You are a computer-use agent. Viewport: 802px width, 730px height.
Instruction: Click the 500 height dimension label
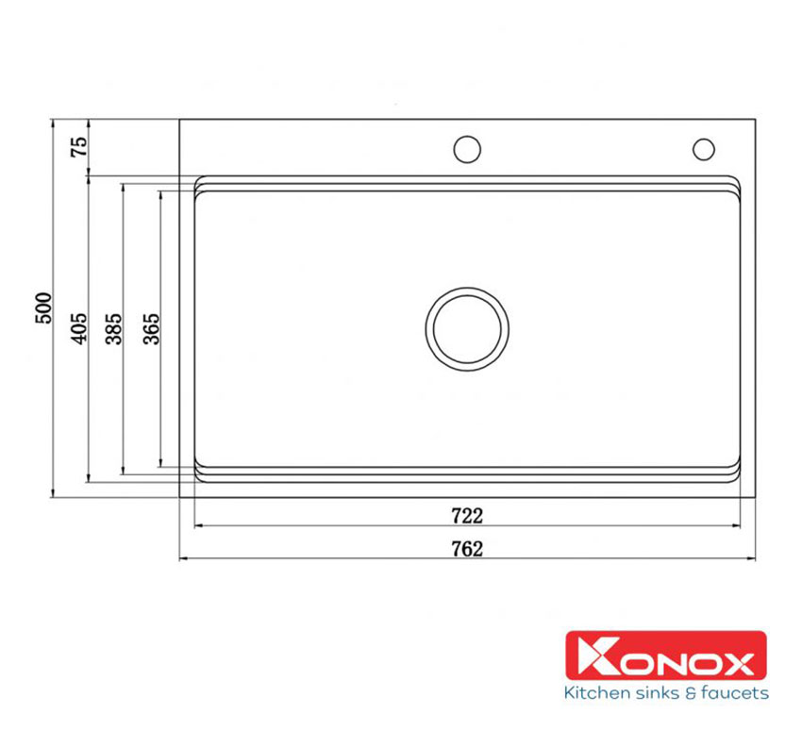tap(43, 307)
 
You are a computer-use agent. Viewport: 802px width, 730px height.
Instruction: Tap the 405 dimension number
tap(78, 328)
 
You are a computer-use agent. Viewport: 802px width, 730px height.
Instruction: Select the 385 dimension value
tap(113, 329)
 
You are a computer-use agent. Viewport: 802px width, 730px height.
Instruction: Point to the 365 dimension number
tap(151, 329)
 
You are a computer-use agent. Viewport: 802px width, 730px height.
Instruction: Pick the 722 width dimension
tap(467, 516)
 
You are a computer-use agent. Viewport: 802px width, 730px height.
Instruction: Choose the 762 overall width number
tap(467, 549)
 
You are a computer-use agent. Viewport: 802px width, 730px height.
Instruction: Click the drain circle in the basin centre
tap(467, 288)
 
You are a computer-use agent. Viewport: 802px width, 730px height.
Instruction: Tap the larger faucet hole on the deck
tap(467, 137)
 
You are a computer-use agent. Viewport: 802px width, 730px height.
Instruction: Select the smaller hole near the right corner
tap(704, 139)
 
